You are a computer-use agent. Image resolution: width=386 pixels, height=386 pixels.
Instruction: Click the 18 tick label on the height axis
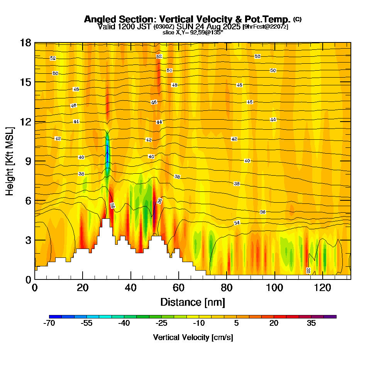(25, 42)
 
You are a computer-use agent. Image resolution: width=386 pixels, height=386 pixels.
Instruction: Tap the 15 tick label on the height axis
(25, 82)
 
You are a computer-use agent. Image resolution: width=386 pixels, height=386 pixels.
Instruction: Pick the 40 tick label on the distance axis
(131, 288)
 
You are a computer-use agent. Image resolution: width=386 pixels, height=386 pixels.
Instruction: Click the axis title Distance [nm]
(193, 302)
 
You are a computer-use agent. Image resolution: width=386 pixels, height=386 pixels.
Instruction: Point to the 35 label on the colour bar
(312, 323)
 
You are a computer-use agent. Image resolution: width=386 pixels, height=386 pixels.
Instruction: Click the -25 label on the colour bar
(161, 323)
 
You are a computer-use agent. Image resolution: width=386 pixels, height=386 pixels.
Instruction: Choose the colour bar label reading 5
(237, 323)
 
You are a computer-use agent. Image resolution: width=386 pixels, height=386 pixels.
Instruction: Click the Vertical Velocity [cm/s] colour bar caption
(193, 337)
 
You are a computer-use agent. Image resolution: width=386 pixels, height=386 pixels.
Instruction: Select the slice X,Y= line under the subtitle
(193, 32)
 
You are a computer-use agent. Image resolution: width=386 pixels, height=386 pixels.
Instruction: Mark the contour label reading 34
(237, 223)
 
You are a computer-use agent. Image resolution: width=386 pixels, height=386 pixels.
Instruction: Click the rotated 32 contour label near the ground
(308, 270)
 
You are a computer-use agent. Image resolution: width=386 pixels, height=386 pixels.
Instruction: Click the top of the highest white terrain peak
(105, 219)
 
